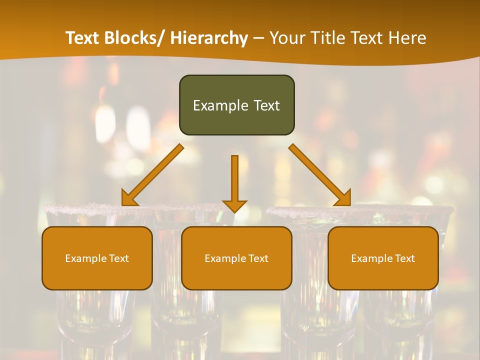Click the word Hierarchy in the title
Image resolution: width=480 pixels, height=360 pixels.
tap(209, 38)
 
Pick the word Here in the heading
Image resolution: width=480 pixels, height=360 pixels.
tap(408, 38)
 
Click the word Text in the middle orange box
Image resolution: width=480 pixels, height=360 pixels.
tap(257, 258)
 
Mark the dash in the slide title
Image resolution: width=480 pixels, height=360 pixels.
tap(258, 38)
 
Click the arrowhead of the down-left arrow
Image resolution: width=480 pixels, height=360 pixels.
tap(129, 198)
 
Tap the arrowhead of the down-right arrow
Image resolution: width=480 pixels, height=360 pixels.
tap(343, 198)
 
